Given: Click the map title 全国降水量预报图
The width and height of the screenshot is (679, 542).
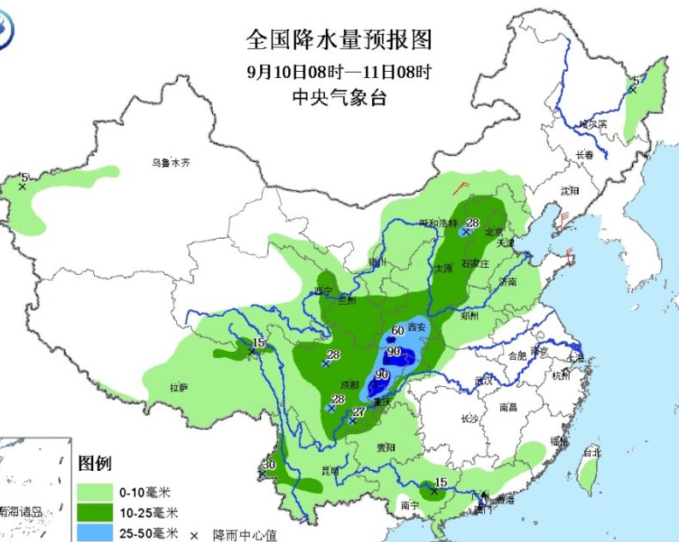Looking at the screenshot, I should coord(339,39).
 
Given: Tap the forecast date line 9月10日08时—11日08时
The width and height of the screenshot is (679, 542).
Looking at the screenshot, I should coord(339,70).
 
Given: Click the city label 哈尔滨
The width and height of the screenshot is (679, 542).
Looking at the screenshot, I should coord(592,124).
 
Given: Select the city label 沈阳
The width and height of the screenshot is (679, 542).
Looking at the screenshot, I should coord(570,189).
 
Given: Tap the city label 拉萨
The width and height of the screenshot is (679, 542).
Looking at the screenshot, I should coord(178,388).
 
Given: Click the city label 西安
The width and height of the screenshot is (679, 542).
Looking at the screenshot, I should coord(416,326).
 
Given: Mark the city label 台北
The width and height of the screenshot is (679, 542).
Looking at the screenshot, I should coord(590,450).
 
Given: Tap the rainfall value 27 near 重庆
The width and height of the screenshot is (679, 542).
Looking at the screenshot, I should coord(359,412).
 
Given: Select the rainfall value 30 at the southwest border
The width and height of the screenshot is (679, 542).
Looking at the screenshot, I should coord(269,465).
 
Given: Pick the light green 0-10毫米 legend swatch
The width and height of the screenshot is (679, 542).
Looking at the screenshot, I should coord(95,492).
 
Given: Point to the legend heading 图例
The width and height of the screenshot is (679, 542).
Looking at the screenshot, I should coord(94,465).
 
